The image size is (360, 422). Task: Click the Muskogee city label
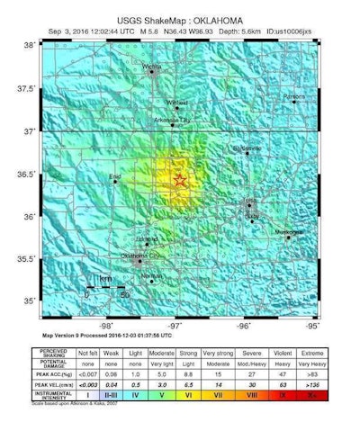290,232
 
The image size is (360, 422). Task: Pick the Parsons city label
293,95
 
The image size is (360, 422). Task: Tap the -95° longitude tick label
312,325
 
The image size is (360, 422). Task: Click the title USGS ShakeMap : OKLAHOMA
178,16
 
